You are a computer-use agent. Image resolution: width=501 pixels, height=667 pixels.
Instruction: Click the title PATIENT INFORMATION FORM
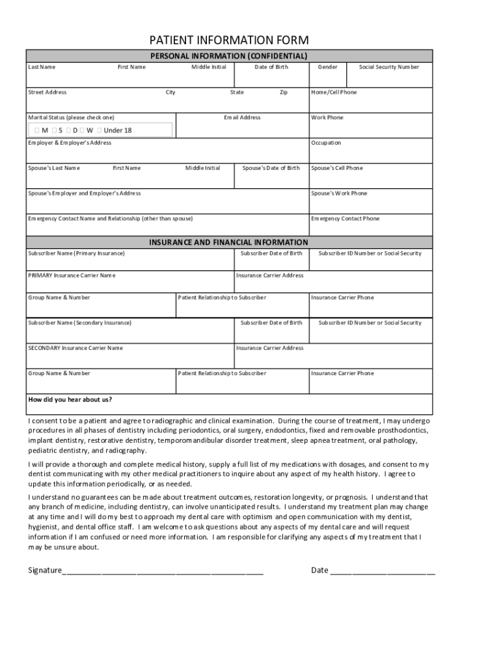point(229,40)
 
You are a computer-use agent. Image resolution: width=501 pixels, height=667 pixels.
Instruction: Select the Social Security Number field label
point(389,67)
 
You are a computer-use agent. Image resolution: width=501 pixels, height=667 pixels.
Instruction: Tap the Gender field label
point(327,67)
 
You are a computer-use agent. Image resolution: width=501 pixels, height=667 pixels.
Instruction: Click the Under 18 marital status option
point(117,130)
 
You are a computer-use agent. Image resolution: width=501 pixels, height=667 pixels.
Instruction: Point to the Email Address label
point(242,118)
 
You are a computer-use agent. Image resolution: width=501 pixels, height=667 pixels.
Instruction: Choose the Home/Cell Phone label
point(334,92)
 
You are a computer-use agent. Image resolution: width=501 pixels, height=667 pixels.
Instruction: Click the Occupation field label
point(326,143)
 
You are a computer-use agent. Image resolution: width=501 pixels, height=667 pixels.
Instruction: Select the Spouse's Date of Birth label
point(271,168)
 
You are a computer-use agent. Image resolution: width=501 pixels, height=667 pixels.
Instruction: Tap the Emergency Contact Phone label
point(345,219)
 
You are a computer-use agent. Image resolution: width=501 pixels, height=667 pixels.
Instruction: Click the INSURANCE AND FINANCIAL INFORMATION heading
point(229,242)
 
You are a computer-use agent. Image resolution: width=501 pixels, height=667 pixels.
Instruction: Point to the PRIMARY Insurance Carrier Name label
point(72,276)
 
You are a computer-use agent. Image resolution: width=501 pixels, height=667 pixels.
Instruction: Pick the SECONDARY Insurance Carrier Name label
point(75,348)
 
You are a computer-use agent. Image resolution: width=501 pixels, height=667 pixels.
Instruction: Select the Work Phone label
point(327,118)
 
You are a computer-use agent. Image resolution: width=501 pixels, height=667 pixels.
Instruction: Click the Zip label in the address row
point(284,92)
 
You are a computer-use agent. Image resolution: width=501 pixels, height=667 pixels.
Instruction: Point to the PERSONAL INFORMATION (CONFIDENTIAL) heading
point(229,56)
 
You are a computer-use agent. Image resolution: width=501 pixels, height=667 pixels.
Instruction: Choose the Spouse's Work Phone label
point(339,193)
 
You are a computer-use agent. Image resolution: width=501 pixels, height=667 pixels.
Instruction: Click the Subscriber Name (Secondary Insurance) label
point(79,323)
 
